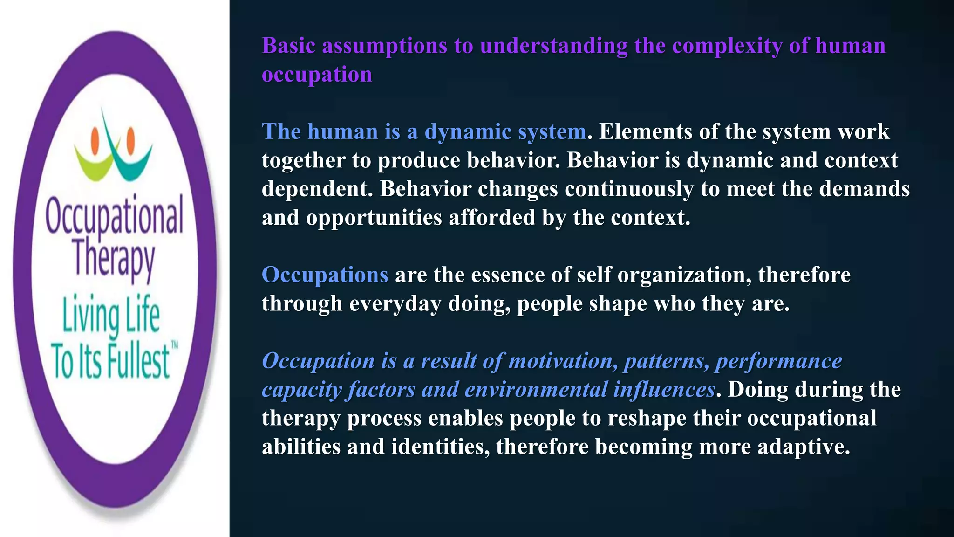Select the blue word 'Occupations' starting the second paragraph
(x=325, y=275)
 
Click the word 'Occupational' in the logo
(x=115, y=215)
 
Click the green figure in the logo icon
(x=95, y=161)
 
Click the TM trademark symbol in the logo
(x=175, y=345)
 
